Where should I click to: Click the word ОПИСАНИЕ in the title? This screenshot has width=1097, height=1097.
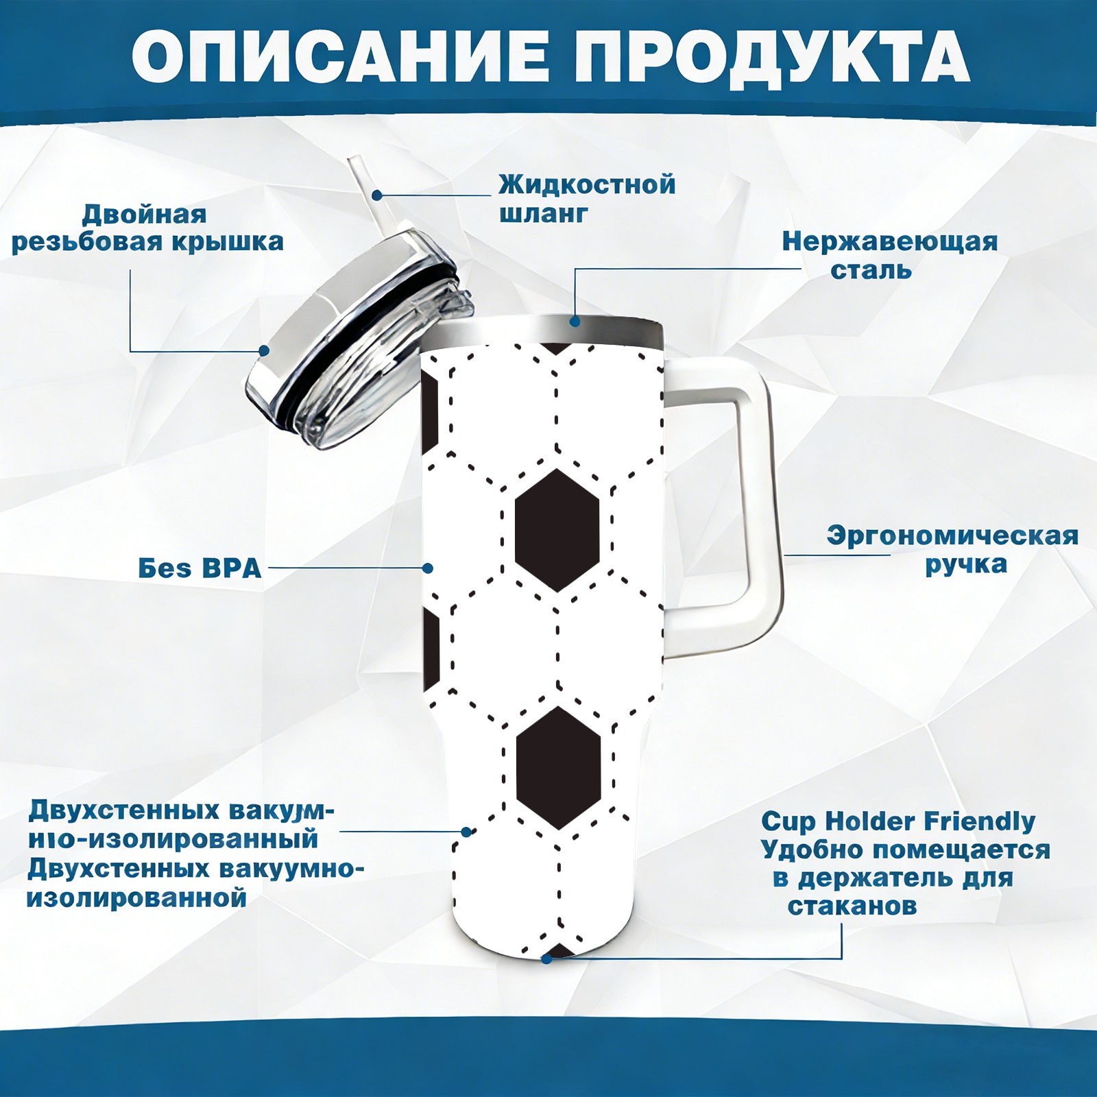pos(340,56)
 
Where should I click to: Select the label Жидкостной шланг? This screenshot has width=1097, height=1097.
pos(587,198)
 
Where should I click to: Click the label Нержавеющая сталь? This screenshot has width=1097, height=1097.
pos(890,255)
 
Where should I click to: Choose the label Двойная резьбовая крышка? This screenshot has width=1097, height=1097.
pos(147,228)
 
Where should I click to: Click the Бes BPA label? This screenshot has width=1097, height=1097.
pos(200,568)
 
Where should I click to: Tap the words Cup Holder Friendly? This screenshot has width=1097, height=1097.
pos(898,821)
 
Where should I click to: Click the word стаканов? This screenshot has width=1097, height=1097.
pos(852,906)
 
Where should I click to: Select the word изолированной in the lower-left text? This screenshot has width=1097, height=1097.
pos(136,897)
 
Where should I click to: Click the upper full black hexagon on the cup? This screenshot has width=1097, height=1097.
pos(557,530)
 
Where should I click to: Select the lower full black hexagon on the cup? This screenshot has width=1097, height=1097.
pos(558,768)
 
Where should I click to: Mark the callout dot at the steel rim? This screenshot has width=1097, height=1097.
pos(575,321)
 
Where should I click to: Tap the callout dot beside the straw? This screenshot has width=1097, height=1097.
pos(376,195)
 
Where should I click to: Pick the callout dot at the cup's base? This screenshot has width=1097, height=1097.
pos(546,959)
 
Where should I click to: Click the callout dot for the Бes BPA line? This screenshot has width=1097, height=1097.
pos(428,568)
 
